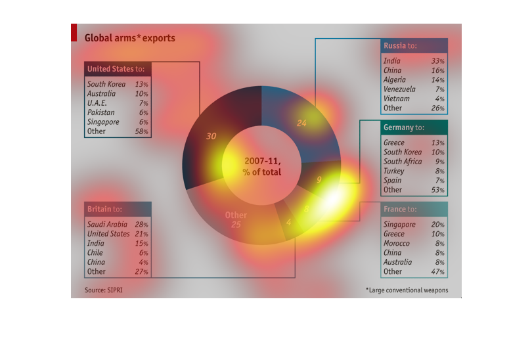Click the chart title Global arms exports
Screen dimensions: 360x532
tap(130, 38)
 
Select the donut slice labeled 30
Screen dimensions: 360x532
tap(211, 136)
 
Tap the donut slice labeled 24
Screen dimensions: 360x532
tap(301, 123)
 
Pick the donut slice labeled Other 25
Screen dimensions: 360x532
tap(236, 219)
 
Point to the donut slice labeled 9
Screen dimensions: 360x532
tap(319, 179)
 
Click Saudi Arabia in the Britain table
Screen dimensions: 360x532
tap(107, 225)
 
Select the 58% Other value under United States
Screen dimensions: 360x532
tap(141, 131)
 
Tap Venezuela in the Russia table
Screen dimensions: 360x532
tap(399, 89)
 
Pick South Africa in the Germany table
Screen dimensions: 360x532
tap(403, 162)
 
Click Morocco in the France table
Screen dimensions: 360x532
tap(397, 243)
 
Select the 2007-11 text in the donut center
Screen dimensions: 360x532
tap(262, 161)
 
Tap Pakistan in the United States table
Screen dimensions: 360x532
tap(101, 112)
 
